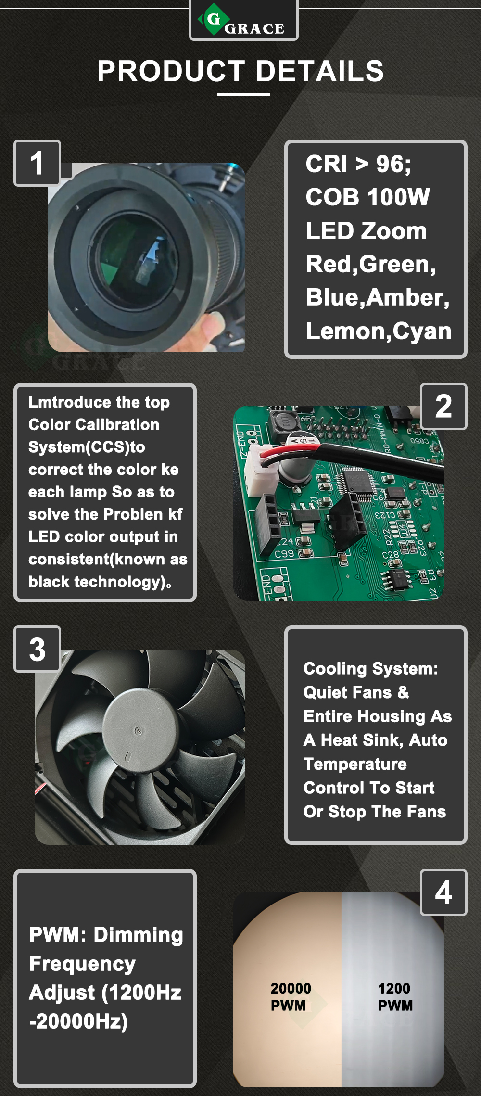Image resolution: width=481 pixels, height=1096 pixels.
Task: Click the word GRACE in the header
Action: [254, 29]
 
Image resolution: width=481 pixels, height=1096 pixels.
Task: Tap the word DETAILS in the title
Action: [320, 71]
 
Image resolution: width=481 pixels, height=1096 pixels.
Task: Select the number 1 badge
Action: [37, 163]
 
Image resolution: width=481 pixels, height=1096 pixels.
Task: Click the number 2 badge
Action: [443, 406]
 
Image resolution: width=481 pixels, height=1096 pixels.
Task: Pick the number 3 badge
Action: [37, 649]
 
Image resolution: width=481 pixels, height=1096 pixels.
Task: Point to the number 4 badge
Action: [443, 892]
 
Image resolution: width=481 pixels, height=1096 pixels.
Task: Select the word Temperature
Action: [355, 764]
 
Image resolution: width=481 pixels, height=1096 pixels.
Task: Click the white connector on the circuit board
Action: [260, 473]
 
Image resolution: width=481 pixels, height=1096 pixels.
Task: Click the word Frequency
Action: [82, 964]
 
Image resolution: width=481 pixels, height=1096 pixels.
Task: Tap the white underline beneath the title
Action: [243, 94]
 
